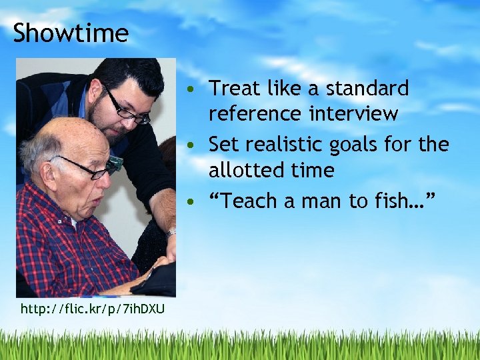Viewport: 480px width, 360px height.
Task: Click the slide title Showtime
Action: (70, 33)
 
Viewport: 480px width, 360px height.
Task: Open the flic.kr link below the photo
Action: (93, 309)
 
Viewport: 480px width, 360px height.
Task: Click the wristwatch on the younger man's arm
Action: (171, 233)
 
